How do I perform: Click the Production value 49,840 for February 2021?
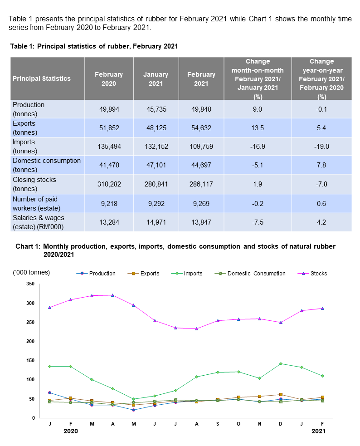pos(201,109)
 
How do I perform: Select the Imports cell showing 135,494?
pos(109,147)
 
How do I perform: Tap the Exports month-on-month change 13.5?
pos(258,128)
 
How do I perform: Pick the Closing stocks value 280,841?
pos(156,184)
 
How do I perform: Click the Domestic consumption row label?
pos(47,165)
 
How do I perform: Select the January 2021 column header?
pos(156,78)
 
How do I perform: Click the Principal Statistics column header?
pos(42,78)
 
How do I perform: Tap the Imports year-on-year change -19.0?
pos(321,147)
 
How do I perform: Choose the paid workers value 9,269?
pos(201,204)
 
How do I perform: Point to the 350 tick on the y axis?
pos(30,284)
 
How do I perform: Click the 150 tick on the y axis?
pos(30,361)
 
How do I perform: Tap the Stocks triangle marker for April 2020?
pos(113,295)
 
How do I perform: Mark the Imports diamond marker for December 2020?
pos(281,363)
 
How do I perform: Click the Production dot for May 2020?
pos(134,410)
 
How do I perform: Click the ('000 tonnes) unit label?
pos(32,272)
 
